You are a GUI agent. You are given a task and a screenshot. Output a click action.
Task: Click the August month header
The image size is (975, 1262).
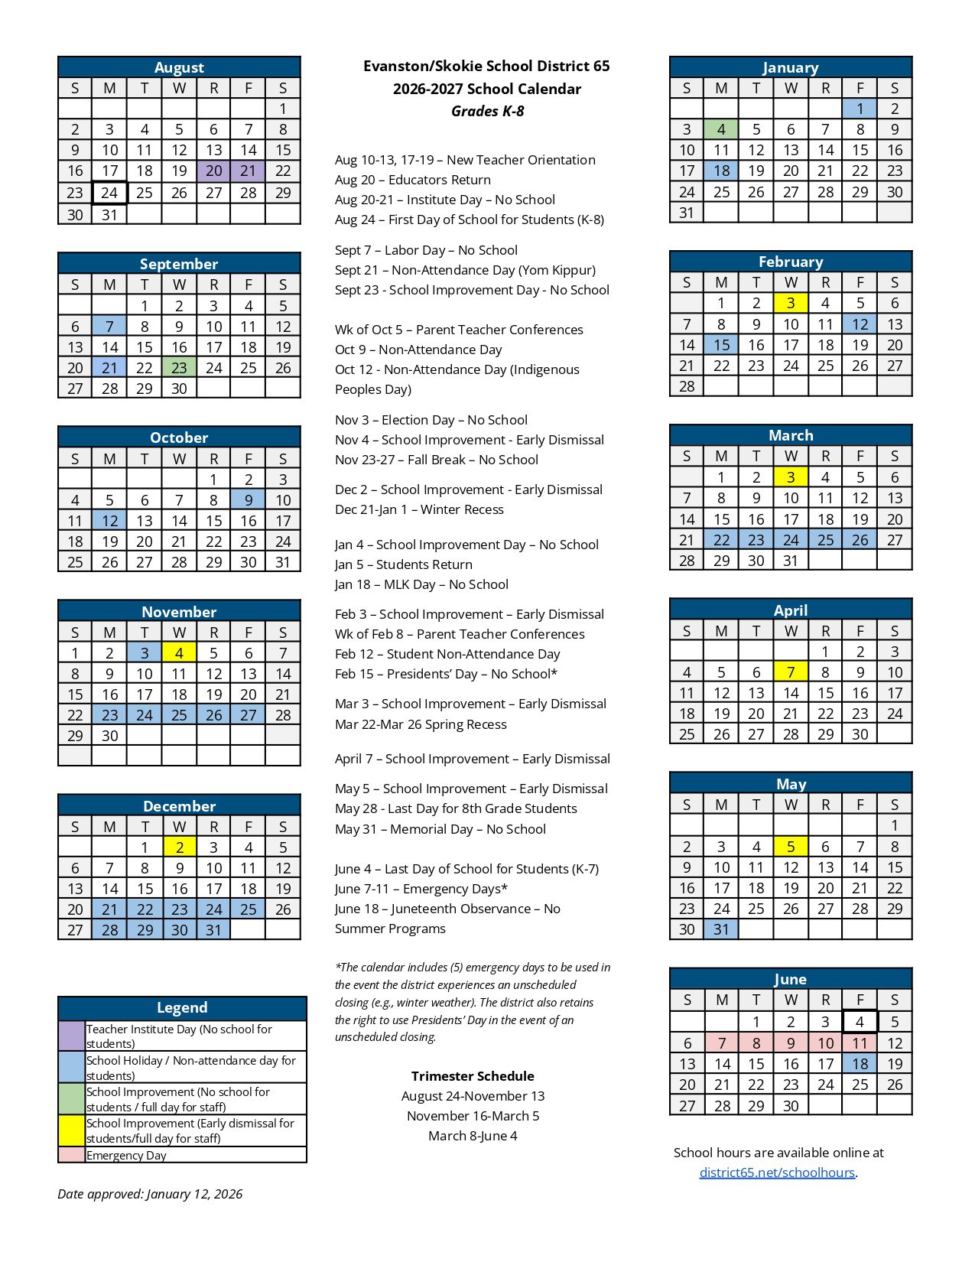pyautogui.click(x=179, y=67)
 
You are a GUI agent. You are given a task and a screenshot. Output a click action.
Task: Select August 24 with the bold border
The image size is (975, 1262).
pyautogui.click(x=109, y=193)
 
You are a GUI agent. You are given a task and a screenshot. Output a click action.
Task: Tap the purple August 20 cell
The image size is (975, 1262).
pyautogui.click(x=214, y=171)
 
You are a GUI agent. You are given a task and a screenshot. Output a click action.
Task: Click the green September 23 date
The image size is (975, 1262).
pyautogui.click(x=179, y=368)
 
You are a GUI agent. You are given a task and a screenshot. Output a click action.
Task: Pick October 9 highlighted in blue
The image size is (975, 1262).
pyautogui.click(x=249, y=500)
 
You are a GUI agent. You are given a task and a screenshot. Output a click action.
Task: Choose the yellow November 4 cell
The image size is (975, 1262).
pyautogui.click(x=179, y=653)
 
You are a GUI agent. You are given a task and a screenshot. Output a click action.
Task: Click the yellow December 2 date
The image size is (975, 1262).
pyautogui.click(x=179, y=847)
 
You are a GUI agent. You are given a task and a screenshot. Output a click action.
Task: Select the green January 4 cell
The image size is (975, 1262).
pyautogui.click(x=721, y=129)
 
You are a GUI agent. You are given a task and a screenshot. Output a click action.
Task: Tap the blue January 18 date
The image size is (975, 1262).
pyautogui.click(x=721, y=171)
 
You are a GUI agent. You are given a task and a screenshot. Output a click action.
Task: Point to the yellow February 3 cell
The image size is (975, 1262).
pyautogui.click(x=791, y=303)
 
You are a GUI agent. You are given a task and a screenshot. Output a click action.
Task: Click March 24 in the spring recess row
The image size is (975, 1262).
pyautogui.click(x=791, y=540)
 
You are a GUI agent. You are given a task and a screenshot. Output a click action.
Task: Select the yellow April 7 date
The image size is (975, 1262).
pyautogui.click(x=791, y=672)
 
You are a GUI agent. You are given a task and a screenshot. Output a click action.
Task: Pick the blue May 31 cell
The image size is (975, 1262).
pyautogui.click(x=721, y=929)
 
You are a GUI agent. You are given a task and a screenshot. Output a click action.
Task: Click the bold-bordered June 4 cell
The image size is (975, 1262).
pyautogui.click(x=860, y=1022)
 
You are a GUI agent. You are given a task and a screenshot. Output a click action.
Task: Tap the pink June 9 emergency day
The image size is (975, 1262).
pyautogui.click(x=791, y=1043)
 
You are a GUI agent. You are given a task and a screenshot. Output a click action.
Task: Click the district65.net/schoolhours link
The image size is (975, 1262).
pyautogui.click(x=777, y=1173)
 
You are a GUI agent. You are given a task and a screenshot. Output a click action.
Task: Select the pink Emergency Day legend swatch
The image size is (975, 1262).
pyautogui.click(x=71, y=1155)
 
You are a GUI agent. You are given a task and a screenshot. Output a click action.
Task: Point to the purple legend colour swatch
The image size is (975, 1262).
pyautogui.click(x=71, y=1036)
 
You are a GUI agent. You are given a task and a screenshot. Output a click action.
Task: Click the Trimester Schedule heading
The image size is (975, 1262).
pyautogui.click(x=473, y=1076)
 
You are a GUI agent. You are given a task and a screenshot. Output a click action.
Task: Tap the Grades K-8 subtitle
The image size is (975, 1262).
pyautogui.click(x=487, y=112)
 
